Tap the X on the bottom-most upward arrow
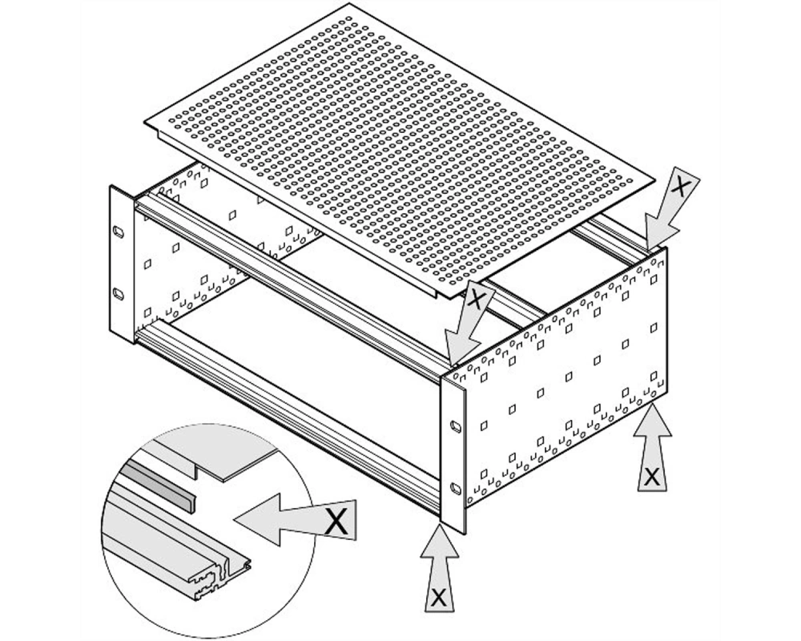[x=438, y=597]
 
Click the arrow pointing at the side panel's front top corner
[x=468, y=324]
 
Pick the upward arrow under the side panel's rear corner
[x=652, y=447]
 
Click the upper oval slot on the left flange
[x=118, y=232]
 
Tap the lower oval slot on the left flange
[x=118, y=295]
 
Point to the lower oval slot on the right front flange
[x=453, y=489]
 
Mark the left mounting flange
[x=122, y=264]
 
